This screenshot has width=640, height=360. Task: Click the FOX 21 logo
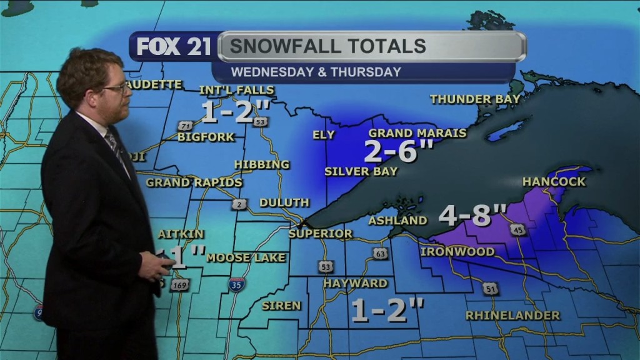tap(174, 47)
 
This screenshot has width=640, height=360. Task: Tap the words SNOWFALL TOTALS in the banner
tap(327, 46)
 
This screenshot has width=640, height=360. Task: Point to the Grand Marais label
tap(417, 133)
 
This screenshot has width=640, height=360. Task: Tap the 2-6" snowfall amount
tap(398, 151)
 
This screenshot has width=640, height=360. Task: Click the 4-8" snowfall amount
tap(472, 215)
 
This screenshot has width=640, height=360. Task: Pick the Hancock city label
tap(554, 182)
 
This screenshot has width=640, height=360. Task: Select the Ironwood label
tap(457, 251)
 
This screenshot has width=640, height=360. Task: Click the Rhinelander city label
tap(512, 316)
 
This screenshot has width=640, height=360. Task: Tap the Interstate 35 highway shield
tap(236, 284)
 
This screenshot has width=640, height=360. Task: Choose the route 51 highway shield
tap(490, 289)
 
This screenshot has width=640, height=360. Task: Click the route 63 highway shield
tap(380, 253)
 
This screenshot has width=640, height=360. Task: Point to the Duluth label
tap(284, 202)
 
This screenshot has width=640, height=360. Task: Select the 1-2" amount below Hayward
tap(387, 310)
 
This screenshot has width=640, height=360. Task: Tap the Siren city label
tap(281, 306)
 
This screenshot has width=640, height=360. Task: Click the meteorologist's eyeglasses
tap(116, 89)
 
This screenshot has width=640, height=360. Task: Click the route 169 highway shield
tap(179, 285)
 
